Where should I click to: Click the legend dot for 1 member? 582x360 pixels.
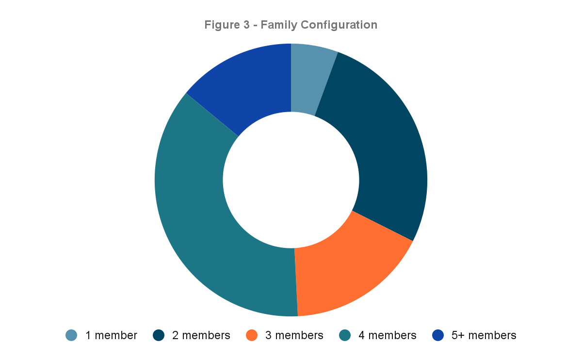coord(71,335)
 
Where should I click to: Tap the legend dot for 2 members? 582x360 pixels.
coord(158,335)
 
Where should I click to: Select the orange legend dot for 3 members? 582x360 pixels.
coord(251,335)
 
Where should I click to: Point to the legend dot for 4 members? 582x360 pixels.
coord(345,335)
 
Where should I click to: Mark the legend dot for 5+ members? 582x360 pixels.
coord(437,335)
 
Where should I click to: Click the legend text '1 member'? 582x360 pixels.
coord(111,335)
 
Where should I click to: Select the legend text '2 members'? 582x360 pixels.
coord(201,335)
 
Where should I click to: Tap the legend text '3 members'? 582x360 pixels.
coord(294,335)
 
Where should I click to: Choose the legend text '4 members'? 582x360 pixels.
coord(387,335)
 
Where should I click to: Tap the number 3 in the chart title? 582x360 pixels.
coord(246,25)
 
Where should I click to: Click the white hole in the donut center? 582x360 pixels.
coord(291,180)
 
